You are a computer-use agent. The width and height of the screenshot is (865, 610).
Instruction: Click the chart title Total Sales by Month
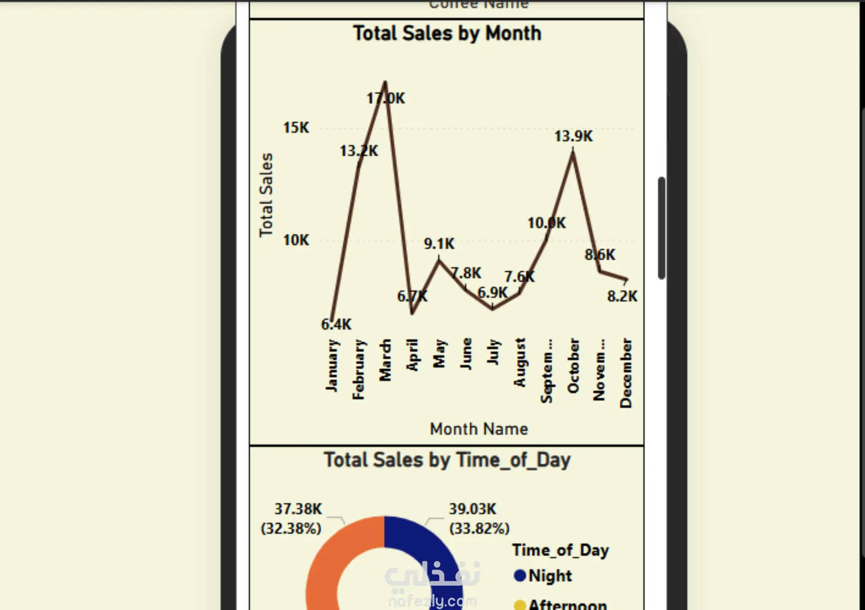(447, 33)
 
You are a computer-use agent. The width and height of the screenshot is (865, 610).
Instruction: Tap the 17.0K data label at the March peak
(386, 98)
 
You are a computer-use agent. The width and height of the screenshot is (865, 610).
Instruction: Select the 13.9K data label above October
(573, 136)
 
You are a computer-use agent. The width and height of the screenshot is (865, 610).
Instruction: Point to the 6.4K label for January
(336, 324)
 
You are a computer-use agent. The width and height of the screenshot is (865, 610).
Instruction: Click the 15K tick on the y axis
(296, 128)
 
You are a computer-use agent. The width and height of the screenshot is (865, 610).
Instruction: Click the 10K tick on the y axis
(296, 240)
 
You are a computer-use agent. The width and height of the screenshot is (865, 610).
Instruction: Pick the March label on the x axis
(385, 360)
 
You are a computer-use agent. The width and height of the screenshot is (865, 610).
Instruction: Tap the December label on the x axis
(626, 373)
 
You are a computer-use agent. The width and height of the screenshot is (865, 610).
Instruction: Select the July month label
(493, 352)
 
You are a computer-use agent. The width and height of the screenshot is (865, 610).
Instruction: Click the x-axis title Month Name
(478, 429)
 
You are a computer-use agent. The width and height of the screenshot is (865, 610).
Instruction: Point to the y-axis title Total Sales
(266, 195)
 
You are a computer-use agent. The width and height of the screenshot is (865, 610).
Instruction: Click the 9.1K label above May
(439, 244)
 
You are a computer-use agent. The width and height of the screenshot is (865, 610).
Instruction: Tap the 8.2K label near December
(622, 296)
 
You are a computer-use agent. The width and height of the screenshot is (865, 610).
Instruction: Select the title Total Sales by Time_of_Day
(447, 460)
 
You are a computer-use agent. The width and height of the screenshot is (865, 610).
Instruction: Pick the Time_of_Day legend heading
(560, 550)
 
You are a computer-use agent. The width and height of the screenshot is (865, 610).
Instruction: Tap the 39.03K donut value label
(472, 509)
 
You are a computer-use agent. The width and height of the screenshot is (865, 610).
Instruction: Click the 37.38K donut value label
(298, 509)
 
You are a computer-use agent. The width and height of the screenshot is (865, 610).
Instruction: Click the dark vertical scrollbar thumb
(661, 228)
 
